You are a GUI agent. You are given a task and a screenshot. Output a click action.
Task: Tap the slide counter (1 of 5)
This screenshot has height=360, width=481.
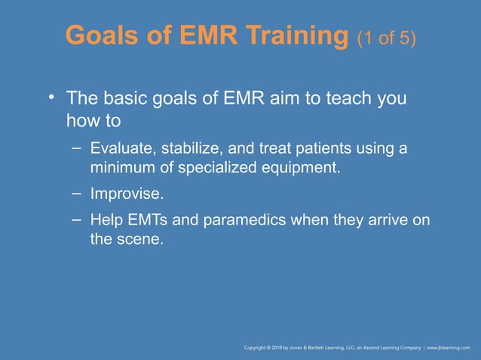(387, 37)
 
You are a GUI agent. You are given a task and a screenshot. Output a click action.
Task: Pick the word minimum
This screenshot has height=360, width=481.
(119, 166)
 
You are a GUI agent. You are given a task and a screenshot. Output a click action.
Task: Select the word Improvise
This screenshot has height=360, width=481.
(125, 194)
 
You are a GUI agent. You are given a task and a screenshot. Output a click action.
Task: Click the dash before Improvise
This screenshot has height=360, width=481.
(77, 193)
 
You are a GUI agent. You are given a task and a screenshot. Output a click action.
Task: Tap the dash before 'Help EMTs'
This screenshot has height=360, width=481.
(77, 219)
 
